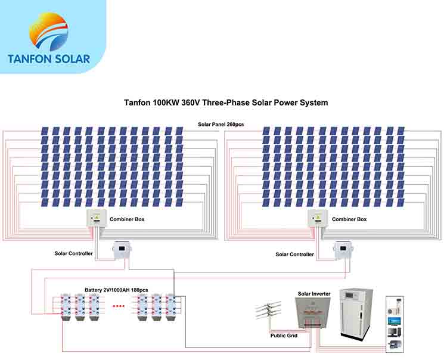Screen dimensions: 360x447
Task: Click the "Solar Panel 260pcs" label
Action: pyautogui.click(x=221, y=124)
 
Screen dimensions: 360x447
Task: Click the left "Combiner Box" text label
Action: pyautogui.click(x=127, y=219)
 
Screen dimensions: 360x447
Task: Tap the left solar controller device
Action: pyautogui.click(x=123, y=249)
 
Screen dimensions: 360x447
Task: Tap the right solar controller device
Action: pyautogui.click(x=343, y=249)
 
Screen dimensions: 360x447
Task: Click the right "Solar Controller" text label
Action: pyautogui.click(x=294, y=255)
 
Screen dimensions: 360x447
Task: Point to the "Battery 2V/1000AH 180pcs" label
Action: pyautogui.click(x=116, y=290)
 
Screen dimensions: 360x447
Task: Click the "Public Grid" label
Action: pyautogui.click(x=284, y=336)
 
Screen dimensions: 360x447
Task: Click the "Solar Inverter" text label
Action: pyautogui.click(x=313, y=294)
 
